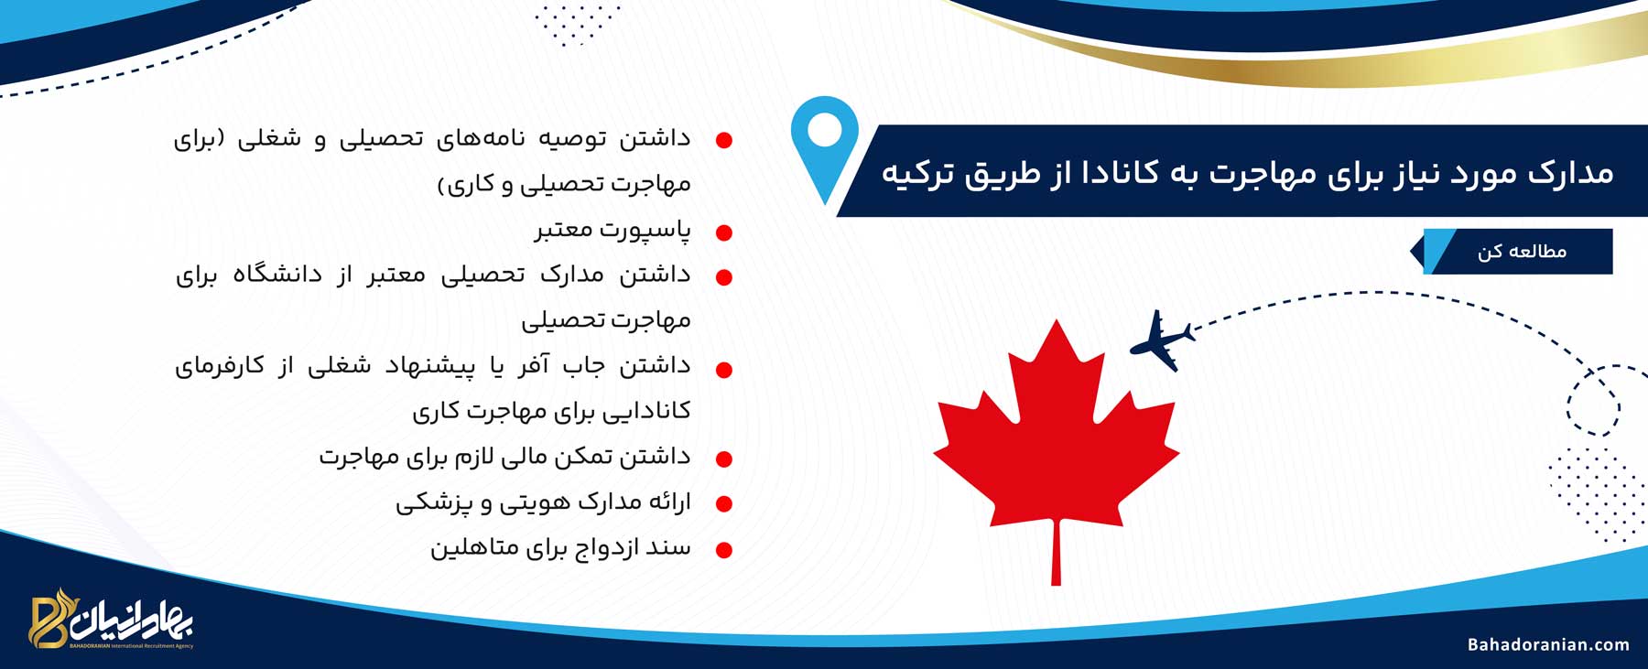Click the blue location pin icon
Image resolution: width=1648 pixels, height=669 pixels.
click(x=825, y=146)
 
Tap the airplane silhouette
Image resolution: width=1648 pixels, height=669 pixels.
click(x=1162, y=340)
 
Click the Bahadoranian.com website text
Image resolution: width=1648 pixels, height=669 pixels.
click(x=1548, y=644)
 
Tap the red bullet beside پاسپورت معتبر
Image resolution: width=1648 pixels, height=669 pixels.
click(x=724, y=233)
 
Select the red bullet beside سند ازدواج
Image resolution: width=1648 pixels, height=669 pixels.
click(x=724, y=551)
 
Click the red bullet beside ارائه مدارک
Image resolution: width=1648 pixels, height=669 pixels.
click(x=724, y=504)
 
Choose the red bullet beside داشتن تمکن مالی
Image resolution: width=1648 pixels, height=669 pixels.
click(x=724, y=459)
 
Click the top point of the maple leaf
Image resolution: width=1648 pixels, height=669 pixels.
click(x=1057, y=319)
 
